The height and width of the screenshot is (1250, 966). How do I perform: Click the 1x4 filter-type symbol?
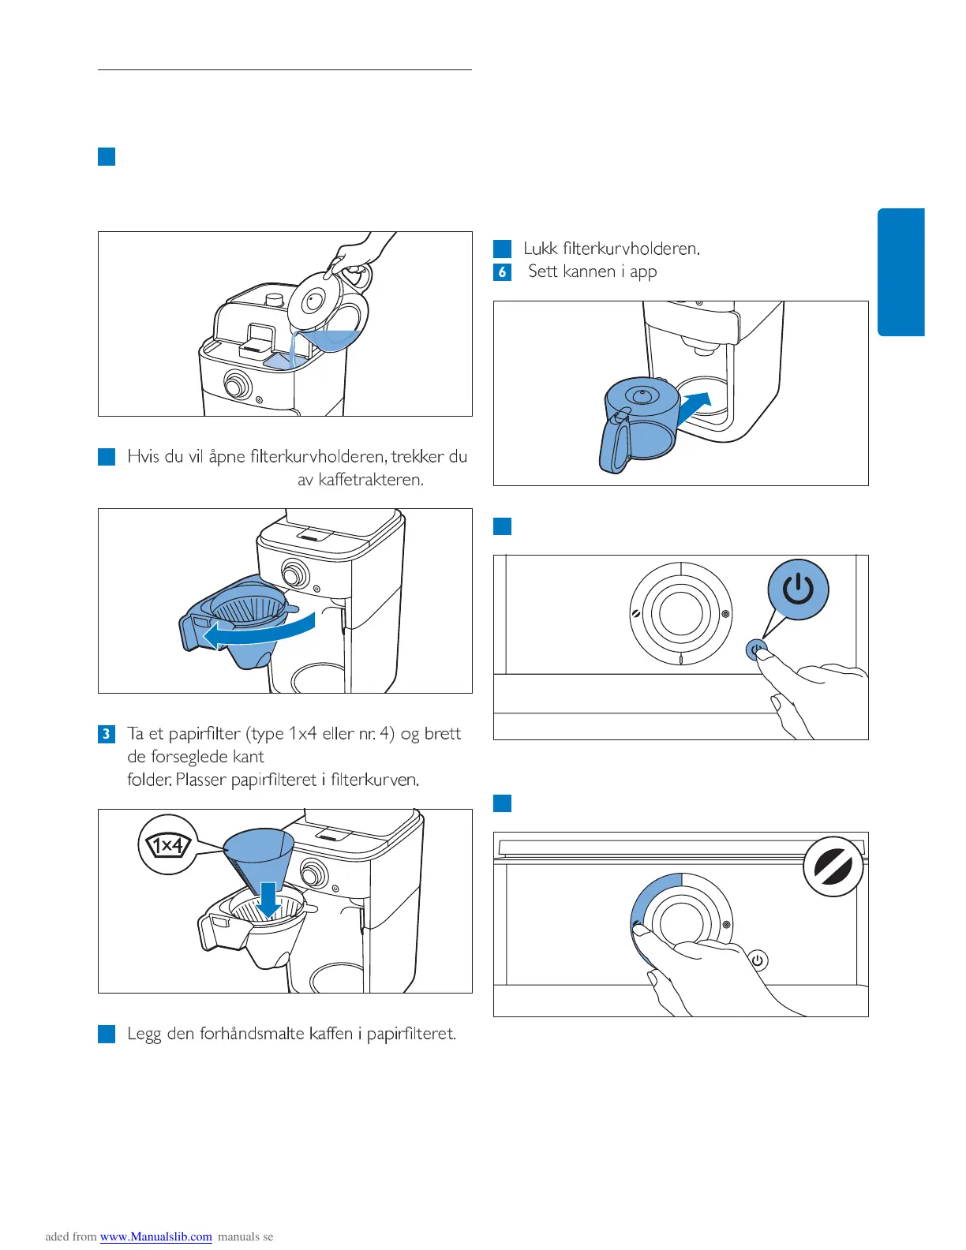coord(167,846)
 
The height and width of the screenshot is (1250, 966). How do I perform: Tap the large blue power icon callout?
coord(798,589)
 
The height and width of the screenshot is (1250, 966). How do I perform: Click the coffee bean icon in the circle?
coord(833,866)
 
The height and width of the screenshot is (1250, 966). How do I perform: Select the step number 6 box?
coord(502,272)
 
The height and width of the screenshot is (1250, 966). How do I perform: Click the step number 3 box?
coord(107,734)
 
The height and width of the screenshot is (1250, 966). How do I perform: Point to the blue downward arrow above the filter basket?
coord(269,900)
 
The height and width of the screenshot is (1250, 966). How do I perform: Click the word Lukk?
coord(541,249)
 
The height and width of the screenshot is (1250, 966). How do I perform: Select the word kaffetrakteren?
coord(371,480)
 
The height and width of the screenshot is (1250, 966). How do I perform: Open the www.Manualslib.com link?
coord(156,1237)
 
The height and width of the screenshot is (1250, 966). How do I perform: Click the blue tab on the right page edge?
coord(900,272)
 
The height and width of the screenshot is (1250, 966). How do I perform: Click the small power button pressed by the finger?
coord(755,649)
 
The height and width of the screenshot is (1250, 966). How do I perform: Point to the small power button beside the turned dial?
coord(757,960)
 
